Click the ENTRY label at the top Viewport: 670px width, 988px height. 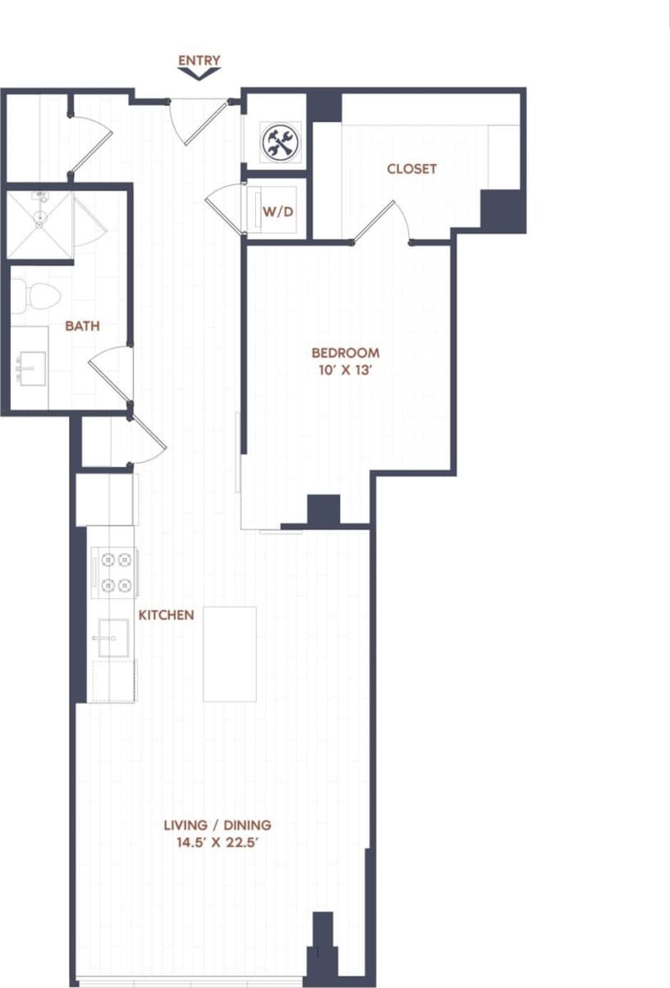coord(199,60)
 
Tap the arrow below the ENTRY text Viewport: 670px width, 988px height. coord(199,74)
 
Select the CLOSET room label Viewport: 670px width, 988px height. coord(412,169)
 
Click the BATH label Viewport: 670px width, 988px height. coord(82,326)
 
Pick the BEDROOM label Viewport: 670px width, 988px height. coord(345,353)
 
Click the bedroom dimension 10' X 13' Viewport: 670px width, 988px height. coord(345,370)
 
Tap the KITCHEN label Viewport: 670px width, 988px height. coord(166,615)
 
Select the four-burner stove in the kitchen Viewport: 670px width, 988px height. coord(114,573)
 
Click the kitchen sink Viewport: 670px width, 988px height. coord(112,638)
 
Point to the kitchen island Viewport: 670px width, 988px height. coord(230,654)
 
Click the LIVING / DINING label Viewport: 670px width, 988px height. coord(217,825)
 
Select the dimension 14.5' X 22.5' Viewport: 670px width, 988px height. coord(217,842)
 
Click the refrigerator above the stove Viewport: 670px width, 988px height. coord(106,499)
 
